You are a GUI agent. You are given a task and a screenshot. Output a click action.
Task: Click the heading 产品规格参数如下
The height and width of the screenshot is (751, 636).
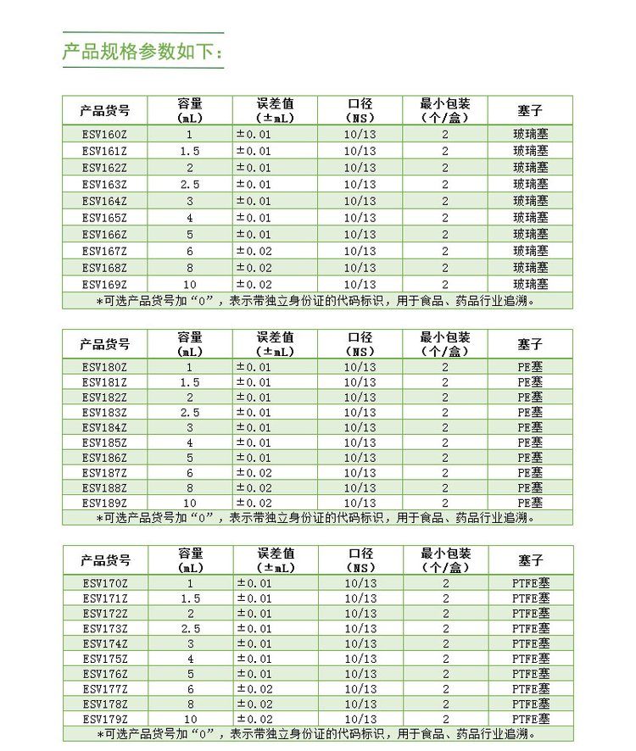[142, 52]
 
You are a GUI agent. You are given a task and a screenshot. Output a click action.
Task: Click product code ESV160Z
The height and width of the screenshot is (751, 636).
[104, 134]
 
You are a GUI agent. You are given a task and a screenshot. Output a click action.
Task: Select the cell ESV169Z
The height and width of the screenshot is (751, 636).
[104, 284]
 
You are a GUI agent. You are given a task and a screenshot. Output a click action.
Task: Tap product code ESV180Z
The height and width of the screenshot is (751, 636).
[104, 367]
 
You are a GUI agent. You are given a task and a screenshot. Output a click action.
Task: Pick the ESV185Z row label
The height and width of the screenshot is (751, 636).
[104, 442]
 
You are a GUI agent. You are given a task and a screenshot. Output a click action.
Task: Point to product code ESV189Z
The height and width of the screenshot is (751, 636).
[104, 503]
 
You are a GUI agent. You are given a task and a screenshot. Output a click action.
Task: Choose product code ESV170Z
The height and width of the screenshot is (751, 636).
[104, 583]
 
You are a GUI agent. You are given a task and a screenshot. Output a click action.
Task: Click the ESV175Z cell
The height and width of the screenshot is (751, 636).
[104, 659]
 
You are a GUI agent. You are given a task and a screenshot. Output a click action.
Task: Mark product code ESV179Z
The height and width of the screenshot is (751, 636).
[104, 719]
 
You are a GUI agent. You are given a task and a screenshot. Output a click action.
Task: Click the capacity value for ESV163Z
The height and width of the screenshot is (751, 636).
[190, 184]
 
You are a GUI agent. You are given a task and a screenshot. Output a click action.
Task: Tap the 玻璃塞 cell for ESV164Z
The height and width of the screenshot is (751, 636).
[531, 201]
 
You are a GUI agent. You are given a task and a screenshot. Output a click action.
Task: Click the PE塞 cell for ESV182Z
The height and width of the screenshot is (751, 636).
[530, 398]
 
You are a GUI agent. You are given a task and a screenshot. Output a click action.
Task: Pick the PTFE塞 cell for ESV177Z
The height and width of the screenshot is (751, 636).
[531, 689]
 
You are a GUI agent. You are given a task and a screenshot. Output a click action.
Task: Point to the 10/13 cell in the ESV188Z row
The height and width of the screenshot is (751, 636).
[360, 488]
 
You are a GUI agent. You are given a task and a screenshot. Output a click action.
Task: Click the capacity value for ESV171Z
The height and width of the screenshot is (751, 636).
[190, 598]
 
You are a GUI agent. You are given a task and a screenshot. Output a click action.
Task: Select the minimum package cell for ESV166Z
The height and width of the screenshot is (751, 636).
[445, 234]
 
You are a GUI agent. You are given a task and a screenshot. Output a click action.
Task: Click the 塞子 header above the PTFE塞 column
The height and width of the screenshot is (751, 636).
[531, 560]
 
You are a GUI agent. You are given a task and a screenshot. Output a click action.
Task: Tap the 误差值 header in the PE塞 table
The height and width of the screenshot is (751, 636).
[275, 344]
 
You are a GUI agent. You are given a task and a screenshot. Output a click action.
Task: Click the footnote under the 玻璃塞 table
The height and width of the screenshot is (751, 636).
[317, 300]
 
